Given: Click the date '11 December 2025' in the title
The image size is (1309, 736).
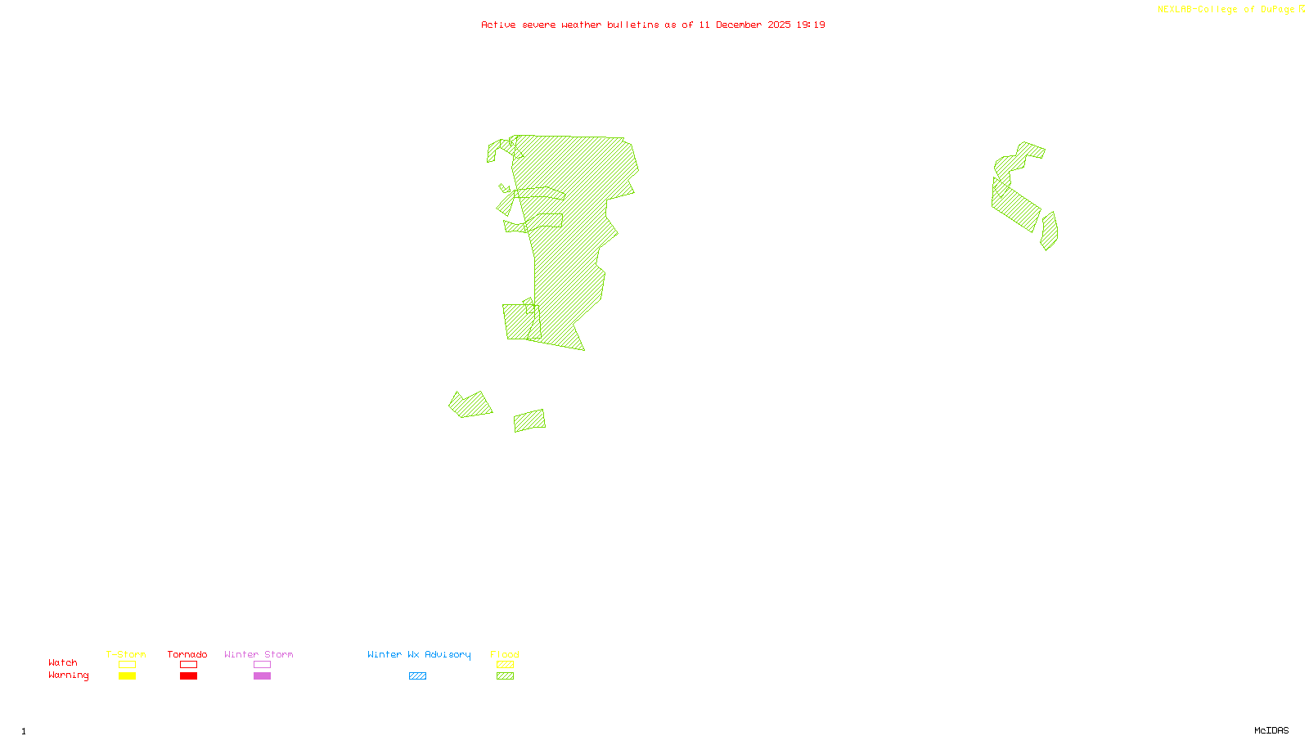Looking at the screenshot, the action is (x=744, y=25).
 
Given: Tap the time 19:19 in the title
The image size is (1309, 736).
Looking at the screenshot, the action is (x=811, y=25).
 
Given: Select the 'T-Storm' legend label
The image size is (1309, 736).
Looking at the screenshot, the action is (x=126, y=654).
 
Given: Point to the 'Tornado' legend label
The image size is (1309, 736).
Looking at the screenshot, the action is (x=187, y=654).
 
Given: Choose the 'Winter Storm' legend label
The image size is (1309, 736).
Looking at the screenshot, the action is (x=259, y=654).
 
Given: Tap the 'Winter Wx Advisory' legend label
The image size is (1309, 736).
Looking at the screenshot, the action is (x=419, y=654).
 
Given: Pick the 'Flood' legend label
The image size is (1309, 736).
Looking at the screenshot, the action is (x=505, y=654).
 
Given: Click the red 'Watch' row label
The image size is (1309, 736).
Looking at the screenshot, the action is (x=63, y=663).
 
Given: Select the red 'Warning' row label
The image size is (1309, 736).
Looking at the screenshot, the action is (x=69, y=675).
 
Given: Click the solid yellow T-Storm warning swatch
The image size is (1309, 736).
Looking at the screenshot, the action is (x=127, y=676).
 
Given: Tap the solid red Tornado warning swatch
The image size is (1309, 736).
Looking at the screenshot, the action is (x=188, y=676).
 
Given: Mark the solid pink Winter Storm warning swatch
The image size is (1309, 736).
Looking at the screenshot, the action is (x=262, y=676).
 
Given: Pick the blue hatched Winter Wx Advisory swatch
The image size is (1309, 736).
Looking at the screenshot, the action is (x=417, y=676).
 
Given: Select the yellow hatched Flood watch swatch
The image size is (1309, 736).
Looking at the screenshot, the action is (x=505, y=665).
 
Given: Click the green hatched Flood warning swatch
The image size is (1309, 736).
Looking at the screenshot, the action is (x=505, y=676).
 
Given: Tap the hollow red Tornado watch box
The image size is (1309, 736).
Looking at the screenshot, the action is (x=188, y=665).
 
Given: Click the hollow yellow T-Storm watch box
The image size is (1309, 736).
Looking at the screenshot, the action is (x=127, y=665).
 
